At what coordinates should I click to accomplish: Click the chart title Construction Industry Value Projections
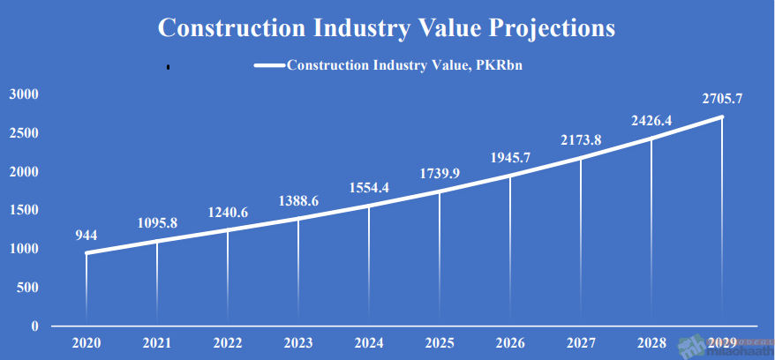click(x=387, y=27)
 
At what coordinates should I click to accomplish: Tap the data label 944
click(x=86, y=236)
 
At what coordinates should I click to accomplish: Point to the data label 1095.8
click(x=156, y=223)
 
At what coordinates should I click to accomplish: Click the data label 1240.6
click(x=228, y=212)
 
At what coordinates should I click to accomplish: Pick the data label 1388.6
click(x=297, y=200)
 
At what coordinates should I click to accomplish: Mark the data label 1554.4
click(x=369, y=188)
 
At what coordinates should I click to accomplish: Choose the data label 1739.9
click(x=439, y=173)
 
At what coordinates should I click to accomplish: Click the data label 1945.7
click(x=509, y=157)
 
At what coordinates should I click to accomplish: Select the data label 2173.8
click(x=581, y=139)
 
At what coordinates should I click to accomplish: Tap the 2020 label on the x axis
click(x=86, y=342)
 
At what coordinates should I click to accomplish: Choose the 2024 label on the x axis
click(x=369, y=342)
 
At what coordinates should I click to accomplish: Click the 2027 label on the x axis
click(x=581, y=342)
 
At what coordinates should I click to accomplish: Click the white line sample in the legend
click(x=268, y=65)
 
